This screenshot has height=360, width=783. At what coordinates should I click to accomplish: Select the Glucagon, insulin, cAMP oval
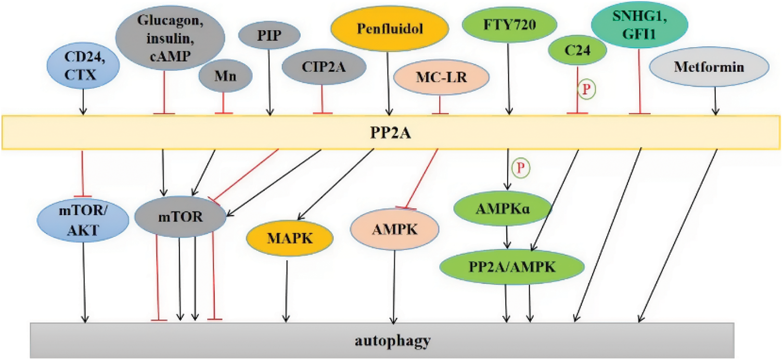(170, 38)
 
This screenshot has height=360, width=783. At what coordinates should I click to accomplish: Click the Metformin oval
(710, 68)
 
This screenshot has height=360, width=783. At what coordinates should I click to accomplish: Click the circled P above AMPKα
(520, 168)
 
